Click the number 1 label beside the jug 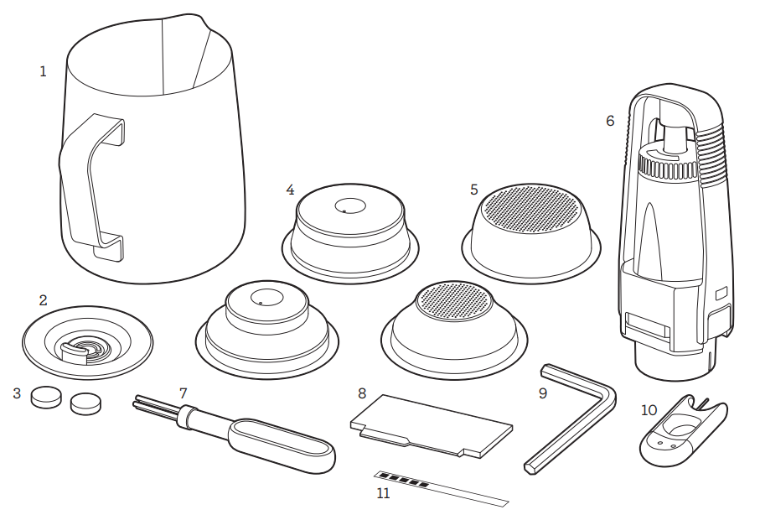(x=43, y=72)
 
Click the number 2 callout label (x=43, y=300)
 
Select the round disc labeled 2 (x=88, y=343)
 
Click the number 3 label (x=17, y=393)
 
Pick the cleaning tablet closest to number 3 (x=46, y=397)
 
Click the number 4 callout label (x=290, y=190)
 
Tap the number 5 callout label (x=474, y=190)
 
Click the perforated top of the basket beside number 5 (x=532, y=208)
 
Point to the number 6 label (x=610, y=121)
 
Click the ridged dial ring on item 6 (x=668, y=164)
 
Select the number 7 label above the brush (x=183, y=393)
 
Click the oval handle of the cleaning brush (x=281, y=445)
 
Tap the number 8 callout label (x=362, y=393)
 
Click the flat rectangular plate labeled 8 (x=432, y=426)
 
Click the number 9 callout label (x=543, y=393)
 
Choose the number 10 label (x=649, y=411)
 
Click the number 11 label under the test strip (x=383, y=494)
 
